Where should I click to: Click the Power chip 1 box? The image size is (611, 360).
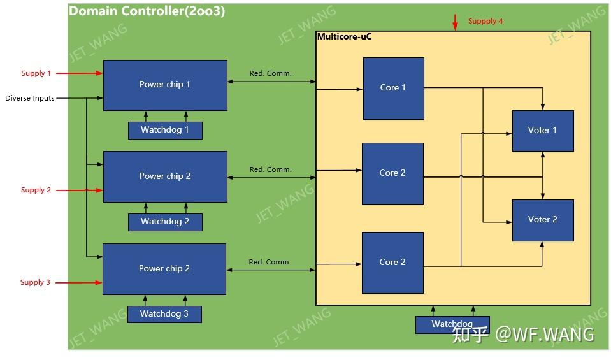click(x=165, y=85)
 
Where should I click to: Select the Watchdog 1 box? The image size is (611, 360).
click(x=165, y=130)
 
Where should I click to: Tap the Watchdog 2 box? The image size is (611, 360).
click(x=165, y=222)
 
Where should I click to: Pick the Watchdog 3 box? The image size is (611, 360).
click(x=164, y=314)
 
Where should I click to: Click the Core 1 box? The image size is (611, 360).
click(x=394, y=89)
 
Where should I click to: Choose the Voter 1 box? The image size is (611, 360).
click(x=543, y=131)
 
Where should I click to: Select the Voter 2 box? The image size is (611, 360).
click(x=543, y=220)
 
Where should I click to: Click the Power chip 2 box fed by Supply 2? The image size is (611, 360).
click(x=165, y=176)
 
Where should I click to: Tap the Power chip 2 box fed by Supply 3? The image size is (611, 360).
click(x=164, y=269)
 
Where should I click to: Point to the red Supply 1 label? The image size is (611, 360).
click(x=36, y=73)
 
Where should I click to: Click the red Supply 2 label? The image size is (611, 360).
click(x=36, y=190)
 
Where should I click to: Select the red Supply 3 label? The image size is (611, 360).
click(x=35, y=282)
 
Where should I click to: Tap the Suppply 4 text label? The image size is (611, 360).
click(x=485, y=21)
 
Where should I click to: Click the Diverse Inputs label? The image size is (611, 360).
click(x=29, y=98)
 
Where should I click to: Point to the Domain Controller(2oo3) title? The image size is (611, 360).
click(x=147, y=11)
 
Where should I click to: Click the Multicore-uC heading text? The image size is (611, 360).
click(x=345, y=36)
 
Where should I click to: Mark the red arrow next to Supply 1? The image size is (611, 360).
click(x=80, y=73)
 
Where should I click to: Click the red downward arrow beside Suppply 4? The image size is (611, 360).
click(x=455, y=22)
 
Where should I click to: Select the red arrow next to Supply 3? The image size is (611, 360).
click(x=79, y=282)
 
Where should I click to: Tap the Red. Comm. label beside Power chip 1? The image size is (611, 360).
click(x=270, y=73)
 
